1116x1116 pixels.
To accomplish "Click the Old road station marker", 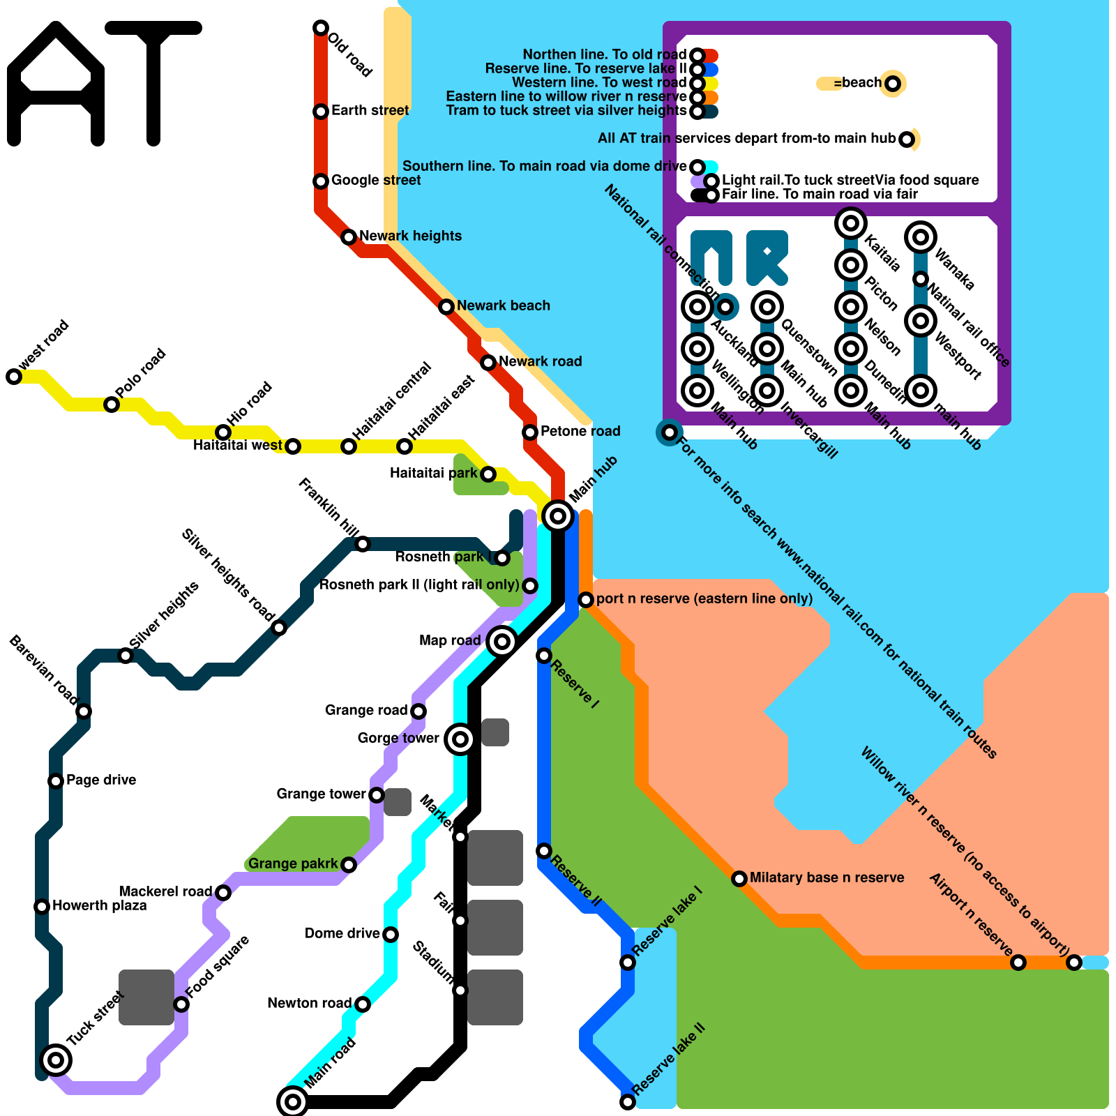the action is [321, 28].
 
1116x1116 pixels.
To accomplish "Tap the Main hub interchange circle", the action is [558, 516].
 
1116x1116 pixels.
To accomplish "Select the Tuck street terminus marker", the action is [56, 1060].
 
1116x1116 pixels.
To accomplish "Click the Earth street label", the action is [370, 110].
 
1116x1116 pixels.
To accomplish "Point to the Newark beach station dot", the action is [446, 307].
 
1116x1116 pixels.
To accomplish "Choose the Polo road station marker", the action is [112, 405].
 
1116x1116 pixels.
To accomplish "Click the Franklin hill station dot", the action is [363, 544].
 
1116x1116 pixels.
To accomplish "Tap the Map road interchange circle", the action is [502, 642].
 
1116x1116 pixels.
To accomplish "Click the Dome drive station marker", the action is [391, 935].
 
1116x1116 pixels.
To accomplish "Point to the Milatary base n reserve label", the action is [827, 877].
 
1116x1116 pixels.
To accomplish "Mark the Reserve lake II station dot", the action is [628, 1102].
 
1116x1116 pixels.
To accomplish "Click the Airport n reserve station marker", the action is [1018, 963].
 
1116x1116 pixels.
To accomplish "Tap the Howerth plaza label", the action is [99, 905].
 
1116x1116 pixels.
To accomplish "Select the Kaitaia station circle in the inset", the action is [851, 223].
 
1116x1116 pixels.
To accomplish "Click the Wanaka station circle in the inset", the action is [921, 237].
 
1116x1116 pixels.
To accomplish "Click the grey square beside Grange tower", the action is [398, 802].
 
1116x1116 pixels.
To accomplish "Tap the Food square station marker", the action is [181, 1004].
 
